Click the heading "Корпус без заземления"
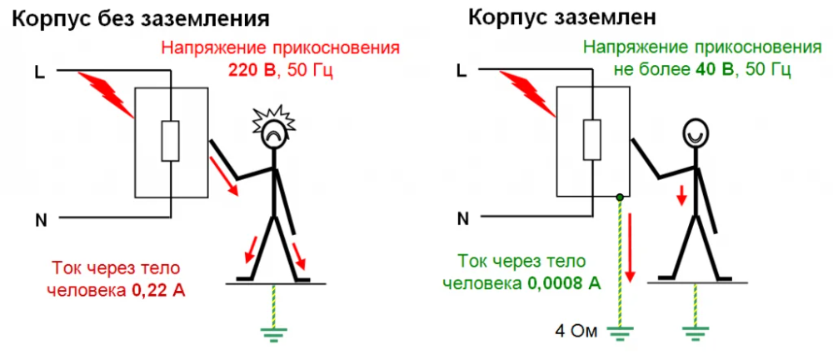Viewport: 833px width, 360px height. point(140,19)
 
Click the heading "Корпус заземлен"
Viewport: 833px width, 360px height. point(562,18)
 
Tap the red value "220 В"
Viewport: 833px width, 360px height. point(252,71)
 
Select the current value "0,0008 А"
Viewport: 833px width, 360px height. point(564,283)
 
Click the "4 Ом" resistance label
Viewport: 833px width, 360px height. point(576,332)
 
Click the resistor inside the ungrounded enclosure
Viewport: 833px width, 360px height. point(170,140)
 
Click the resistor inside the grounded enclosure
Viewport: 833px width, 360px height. point(591,140)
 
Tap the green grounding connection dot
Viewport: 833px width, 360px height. point(620,197)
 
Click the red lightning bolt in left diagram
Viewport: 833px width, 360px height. point(107,94)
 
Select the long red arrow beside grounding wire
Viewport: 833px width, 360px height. point(631,247)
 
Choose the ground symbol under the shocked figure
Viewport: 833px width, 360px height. point(273,333)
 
